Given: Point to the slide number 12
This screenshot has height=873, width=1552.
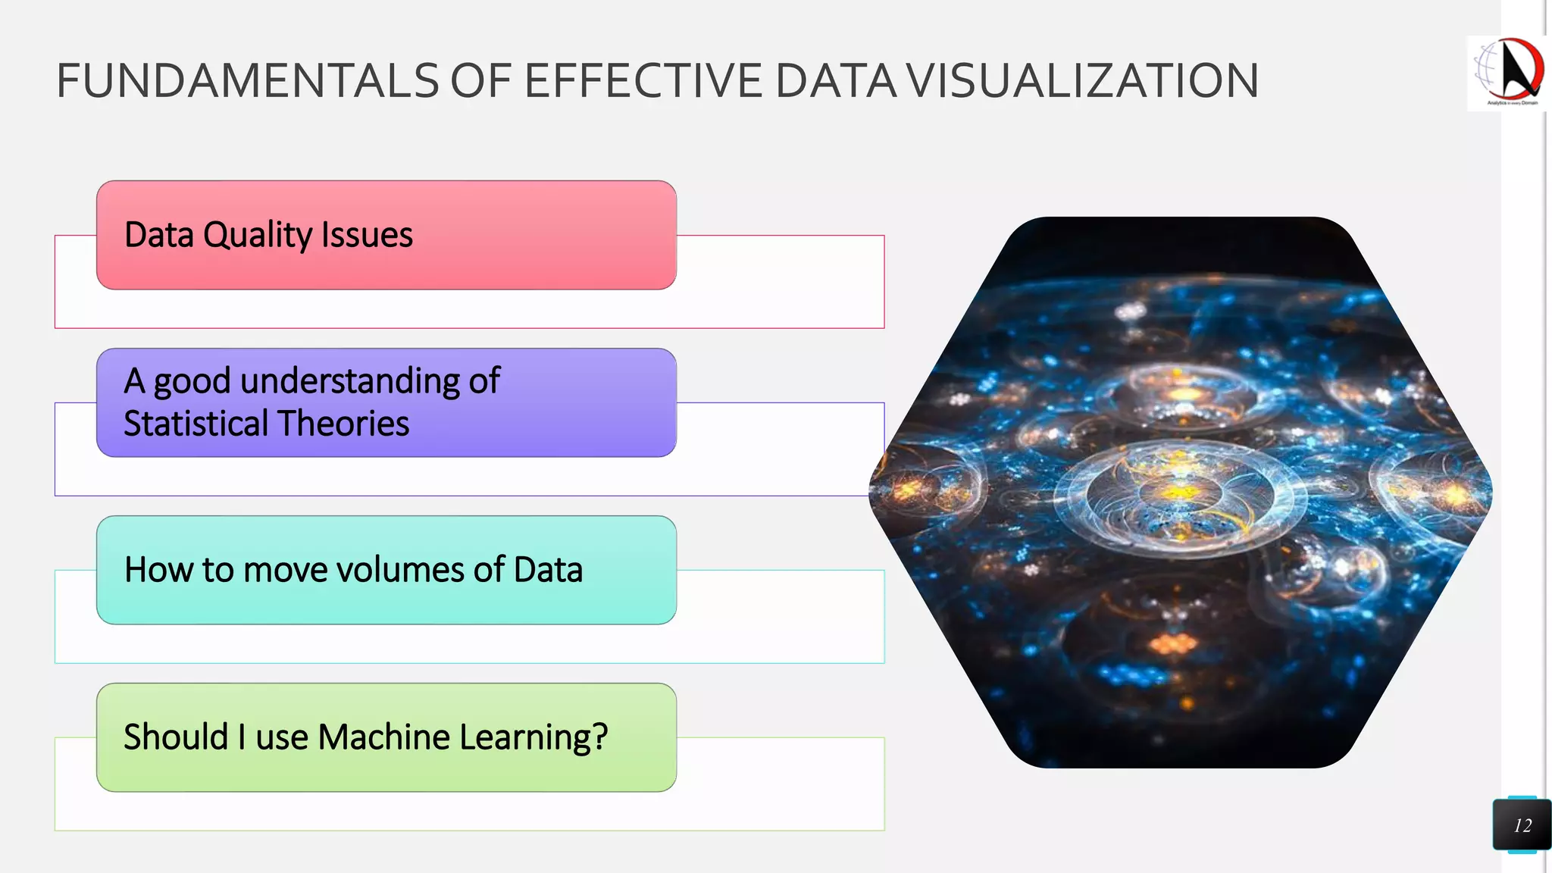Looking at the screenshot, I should [1522, 825].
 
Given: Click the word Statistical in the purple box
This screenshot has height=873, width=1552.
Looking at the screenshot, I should [186, 423].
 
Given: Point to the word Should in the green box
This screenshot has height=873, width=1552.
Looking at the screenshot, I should [176, 737].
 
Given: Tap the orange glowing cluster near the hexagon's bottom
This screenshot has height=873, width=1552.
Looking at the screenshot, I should [1174, 644].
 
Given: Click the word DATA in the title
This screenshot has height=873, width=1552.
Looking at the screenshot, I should [836, 81].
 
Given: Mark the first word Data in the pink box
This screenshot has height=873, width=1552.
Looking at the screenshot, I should [159, 235].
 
